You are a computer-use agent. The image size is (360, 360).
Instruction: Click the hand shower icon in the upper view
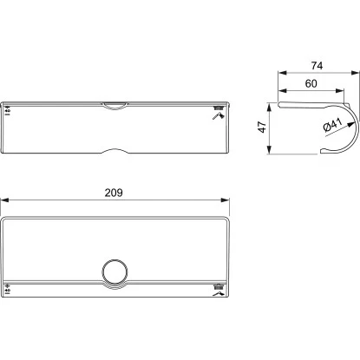tap(217, 113)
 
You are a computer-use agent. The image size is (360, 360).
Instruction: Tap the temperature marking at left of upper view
tap(10, 111)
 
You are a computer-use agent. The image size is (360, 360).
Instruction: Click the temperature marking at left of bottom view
tap(10, 289)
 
